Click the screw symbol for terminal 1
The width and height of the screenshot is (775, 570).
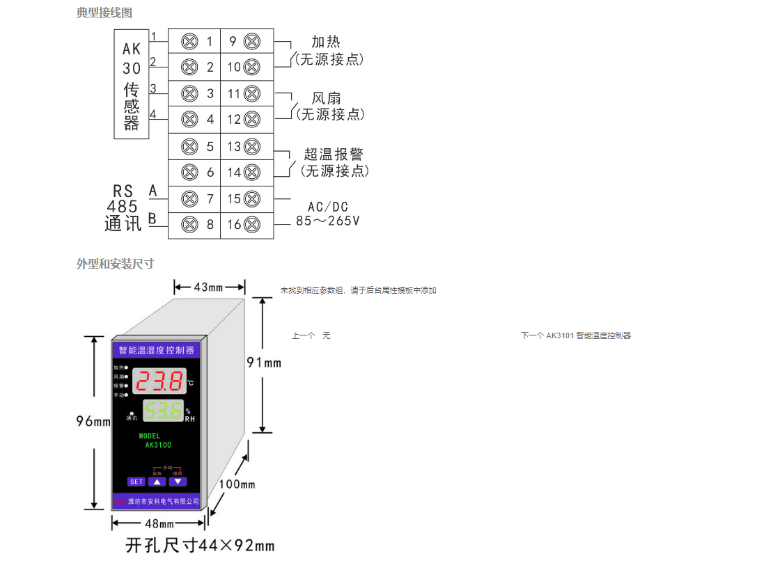coord(188,42)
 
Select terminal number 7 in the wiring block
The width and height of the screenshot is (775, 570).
coord(210,198)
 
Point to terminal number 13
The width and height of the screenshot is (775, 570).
coord(234,147)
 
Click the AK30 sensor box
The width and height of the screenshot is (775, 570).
coord(132,85)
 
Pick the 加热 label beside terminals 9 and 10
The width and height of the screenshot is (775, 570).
coord(326,42)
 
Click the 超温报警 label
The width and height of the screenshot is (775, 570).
coord(334,155)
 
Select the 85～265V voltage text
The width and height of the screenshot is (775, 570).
coord(328,221)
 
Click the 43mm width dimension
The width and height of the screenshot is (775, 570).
coord(208,287)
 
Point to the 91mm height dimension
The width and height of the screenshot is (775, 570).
coord(265,362)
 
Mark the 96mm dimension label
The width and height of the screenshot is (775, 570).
coord(93,421)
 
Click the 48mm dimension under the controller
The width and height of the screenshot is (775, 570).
coord(159,523)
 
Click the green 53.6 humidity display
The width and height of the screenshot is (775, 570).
coord(162,411)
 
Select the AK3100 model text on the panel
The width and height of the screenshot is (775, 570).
coord(158,445)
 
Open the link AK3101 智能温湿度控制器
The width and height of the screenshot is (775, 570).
coord(588,335)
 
